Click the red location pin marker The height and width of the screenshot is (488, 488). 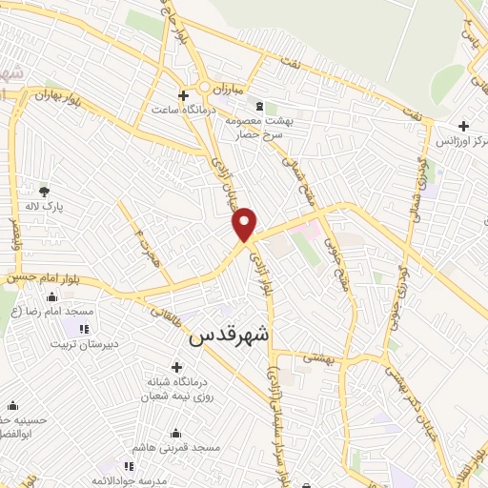point(245,224)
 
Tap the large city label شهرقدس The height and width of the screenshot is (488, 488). point(230,336)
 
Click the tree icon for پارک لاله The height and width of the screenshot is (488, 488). point(46,192)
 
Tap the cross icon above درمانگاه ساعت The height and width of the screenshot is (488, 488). point(184,94)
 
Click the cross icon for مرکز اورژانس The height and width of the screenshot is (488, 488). point(462,125)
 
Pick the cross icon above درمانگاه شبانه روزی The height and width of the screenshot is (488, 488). point(176,366)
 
